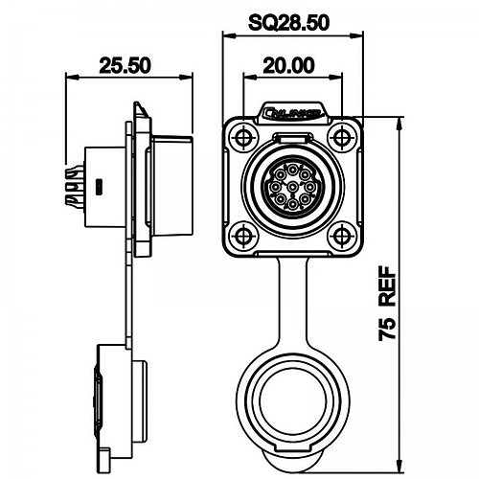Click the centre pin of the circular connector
pyautogui.click(x=290, y=184)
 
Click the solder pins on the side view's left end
pyautogui.click(x=73, y=186)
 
